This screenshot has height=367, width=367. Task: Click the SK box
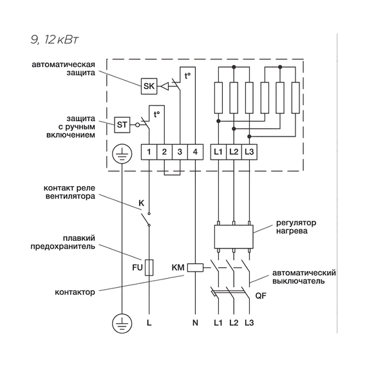149,86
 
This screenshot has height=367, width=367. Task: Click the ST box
122,125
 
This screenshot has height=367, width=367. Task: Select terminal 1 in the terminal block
149,152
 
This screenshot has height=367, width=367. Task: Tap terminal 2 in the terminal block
164,152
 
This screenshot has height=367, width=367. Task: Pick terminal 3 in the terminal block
180,152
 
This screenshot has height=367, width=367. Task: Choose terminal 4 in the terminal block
195,152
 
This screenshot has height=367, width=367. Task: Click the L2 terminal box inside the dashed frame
234,152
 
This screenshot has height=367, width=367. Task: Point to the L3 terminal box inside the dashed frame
249,152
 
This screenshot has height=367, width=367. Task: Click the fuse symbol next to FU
149,267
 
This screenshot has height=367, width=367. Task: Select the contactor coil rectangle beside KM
196,268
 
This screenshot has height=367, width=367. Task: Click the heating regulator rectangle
234,237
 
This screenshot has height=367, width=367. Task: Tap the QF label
261,296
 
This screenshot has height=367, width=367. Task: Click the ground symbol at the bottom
122,323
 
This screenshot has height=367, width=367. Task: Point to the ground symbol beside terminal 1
122,154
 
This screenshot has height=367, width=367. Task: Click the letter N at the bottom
195,323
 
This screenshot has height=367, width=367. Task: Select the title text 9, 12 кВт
55,40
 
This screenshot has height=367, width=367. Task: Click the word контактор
75,292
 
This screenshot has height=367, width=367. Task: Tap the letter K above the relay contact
142,203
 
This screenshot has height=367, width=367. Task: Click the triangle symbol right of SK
165,86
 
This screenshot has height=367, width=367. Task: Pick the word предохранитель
62,247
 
